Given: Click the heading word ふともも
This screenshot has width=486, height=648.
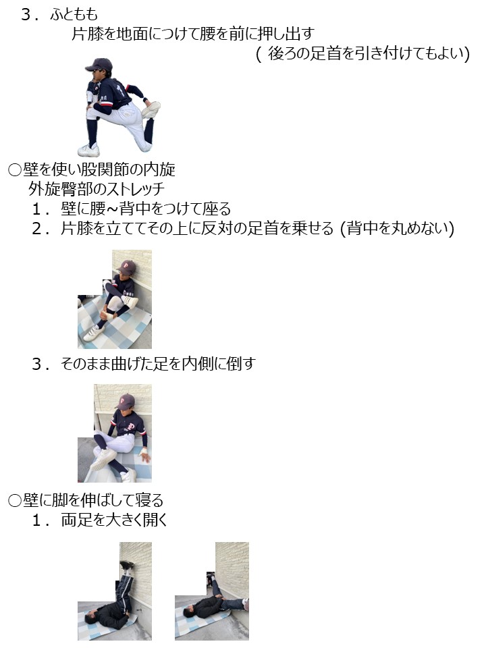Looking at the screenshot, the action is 74,15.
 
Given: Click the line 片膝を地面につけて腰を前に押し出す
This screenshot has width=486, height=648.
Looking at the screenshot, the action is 193,34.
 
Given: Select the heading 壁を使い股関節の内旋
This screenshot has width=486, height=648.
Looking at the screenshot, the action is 99,169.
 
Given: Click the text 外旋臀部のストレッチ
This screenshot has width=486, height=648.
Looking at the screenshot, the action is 97,189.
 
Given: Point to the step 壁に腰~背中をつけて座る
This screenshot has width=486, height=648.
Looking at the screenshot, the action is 146,209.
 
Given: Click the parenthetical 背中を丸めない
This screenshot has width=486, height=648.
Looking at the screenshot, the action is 398,229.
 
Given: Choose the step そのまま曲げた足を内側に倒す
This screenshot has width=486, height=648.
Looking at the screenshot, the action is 158,364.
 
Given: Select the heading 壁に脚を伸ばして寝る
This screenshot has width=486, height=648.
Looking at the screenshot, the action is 93,500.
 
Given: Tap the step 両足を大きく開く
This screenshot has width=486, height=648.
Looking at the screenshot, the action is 114,520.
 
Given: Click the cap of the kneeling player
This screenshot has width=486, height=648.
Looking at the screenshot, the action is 99,65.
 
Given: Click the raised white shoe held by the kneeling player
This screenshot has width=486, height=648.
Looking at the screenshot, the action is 151,109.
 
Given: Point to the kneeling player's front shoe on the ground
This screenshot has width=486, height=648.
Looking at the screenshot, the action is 88,151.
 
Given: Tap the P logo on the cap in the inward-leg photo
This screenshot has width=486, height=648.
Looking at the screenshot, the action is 122,401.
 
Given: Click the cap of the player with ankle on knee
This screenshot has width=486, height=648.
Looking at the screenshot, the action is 126,266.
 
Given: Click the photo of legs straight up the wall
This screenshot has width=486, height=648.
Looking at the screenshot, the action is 115,591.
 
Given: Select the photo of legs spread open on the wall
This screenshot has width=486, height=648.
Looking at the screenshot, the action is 211,591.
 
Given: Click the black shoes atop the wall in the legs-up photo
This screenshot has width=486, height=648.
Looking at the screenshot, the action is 128,565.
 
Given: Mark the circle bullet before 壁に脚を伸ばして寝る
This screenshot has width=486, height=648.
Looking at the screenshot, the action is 15,501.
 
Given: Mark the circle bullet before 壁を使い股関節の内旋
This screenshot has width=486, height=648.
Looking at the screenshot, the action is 15,170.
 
